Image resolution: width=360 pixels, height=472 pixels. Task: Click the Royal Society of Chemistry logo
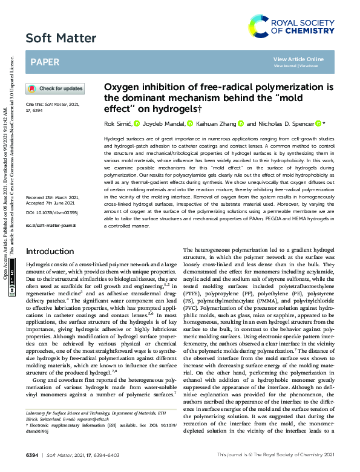293,26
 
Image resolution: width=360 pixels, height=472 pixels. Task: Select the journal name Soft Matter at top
61,39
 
